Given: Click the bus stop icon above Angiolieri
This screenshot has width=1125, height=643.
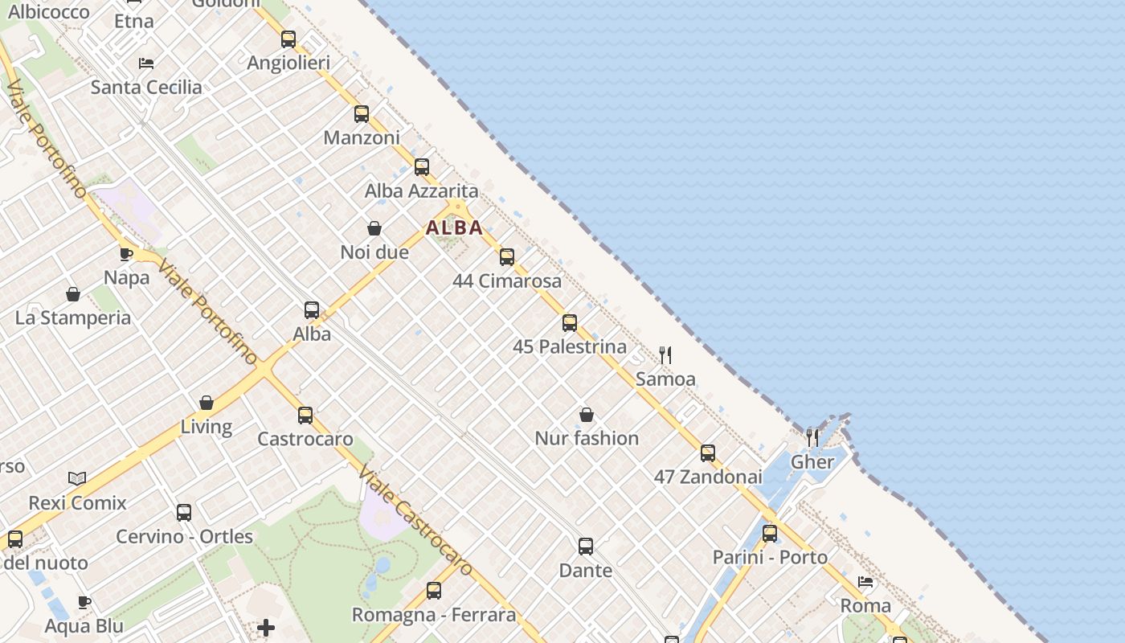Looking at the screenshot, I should click(288, 39).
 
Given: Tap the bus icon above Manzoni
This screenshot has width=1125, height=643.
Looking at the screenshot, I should click(362, 113).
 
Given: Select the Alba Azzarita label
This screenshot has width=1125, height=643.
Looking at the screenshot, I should click(421, 191).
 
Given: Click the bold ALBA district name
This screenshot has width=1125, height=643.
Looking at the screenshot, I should click(455, 228).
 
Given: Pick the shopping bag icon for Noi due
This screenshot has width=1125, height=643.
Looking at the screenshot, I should click(374, 228).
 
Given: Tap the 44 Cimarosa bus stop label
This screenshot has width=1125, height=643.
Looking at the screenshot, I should click(507, 281).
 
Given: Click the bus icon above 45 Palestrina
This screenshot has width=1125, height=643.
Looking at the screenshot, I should click(570, 323).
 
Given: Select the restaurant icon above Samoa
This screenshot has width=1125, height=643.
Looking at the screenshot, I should click(665, 354).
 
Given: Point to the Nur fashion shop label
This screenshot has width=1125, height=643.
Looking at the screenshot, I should click(587, 438).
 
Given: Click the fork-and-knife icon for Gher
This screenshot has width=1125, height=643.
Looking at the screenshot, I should click(812, 437).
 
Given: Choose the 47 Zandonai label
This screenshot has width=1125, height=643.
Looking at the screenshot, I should click(708, 477).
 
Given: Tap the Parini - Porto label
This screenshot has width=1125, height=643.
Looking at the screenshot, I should click(770, 557).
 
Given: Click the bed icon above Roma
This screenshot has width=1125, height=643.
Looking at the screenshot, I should click(865, 581).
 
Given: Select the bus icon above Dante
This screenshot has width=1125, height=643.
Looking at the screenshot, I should click(586, 547).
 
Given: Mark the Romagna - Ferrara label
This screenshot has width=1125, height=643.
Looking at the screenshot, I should click(434, 615).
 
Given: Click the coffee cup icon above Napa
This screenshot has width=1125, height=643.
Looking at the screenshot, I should click(127, 254).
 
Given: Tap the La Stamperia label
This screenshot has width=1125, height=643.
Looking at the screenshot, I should click(73, 317).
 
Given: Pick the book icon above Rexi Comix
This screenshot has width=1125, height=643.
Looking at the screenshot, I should click(77, 478).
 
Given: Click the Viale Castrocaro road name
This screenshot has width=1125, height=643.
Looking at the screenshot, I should click(414, 520).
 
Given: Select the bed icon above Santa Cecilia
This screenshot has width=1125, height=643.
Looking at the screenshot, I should click(146, 63).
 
